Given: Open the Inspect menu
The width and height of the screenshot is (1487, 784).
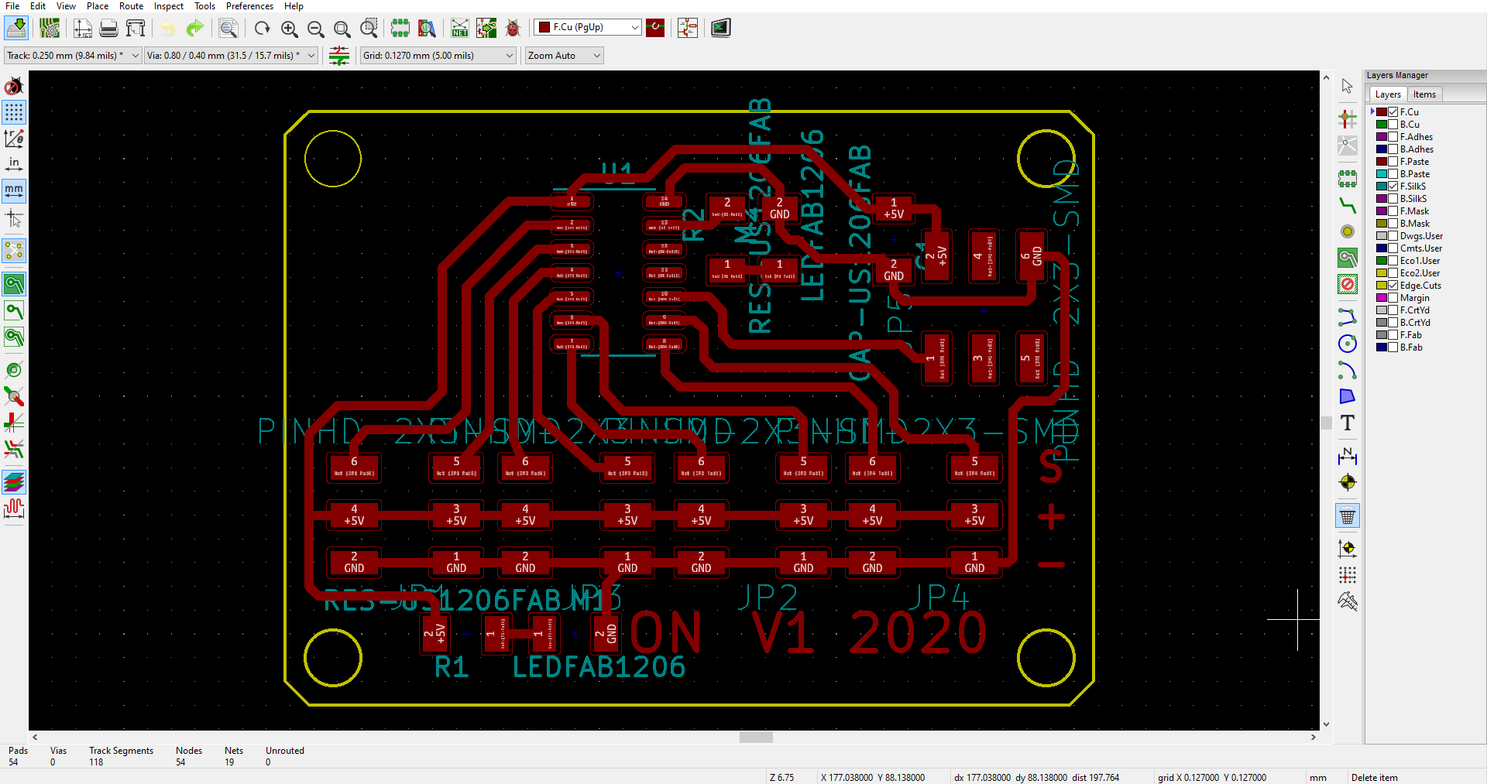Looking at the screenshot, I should click(x=168, y=6).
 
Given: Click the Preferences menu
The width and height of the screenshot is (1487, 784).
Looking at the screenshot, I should click(x=249, y=6).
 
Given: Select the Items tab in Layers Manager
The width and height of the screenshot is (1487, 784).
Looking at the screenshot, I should click(x=1423, y=94).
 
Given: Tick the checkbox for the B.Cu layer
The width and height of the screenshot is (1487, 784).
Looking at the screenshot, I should click(x=1393, y=125).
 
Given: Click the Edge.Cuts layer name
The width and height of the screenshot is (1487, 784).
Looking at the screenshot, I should click(x=1420, y=286).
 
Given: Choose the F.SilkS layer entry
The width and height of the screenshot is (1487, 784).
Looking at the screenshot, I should click(x=1413, y=187).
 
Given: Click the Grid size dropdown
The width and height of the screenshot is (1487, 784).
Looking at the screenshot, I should click(x=438, y=56).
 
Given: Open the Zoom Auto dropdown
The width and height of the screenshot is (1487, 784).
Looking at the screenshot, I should click(x=564, y=56).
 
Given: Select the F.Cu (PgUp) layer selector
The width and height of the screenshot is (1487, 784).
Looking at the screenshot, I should click(x=588, y=28).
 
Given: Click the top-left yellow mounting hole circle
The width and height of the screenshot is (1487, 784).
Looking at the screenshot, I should click(x=333, y=159).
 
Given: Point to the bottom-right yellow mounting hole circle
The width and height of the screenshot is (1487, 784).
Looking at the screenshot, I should click(x=1046, y=658).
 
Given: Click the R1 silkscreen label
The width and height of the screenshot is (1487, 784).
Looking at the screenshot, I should click(x=452, y=667).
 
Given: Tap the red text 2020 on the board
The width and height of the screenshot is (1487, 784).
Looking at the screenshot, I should click(x=918, y=633).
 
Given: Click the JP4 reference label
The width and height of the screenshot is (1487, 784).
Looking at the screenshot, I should click(x=938, y=597).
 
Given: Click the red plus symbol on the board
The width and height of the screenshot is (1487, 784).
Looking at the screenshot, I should click(x=1051, y=516).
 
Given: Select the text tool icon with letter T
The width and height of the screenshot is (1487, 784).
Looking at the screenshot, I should click(x=1348, y=423).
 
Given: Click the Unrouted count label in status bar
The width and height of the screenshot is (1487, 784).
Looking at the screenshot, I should click(x=284, y=751).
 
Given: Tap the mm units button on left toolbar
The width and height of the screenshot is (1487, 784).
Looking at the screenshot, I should click(x=14, y=190).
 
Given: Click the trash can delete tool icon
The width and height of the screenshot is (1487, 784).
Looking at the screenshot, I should click(x=1348, y=516).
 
